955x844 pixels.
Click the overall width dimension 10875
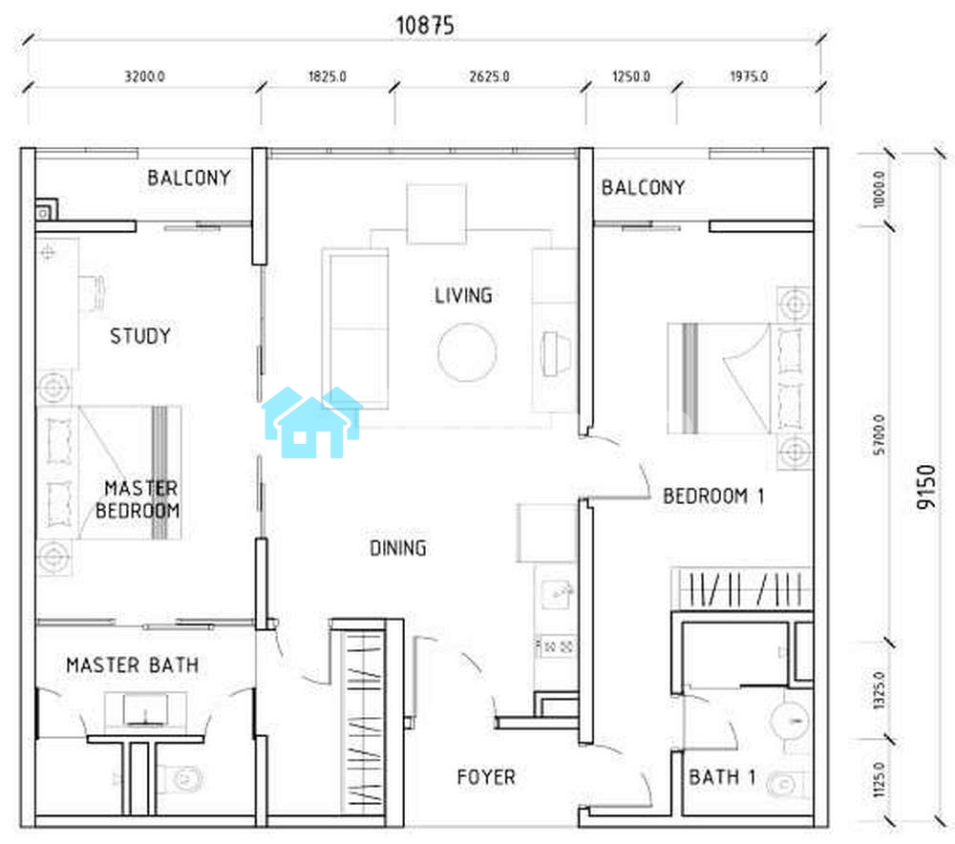click(425, 26)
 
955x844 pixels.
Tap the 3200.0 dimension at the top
click(144, 76)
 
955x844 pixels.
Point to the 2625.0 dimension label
click(489, 76)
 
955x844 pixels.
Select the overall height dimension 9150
click(925, 487)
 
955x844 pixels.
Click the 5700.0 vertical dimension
click(879, 434)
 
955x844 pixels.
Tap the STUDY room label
click(140, 335)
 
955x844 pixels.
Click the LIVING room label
click(463, 295)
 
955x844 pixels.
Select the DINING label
click(398, 548)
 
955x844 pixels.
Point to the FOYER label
click(486, 777)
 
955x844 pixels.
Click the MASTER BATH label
click(132, 665)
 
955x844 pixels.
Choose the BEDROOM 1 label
click(713, 496)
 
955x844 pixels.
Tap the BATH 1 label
click(722, 777)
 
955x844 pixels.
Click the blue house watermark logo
click(312, 422)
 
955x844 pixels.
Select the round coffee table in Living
click(467, 352)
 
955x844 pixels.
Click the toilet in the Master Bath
click(180, 779)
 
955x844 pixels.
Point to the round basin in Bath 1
click(791, 722)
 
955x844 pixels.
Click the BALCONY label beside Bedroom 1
click(643, 187)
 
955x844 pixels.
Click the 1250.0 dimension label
click(631, 76)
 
